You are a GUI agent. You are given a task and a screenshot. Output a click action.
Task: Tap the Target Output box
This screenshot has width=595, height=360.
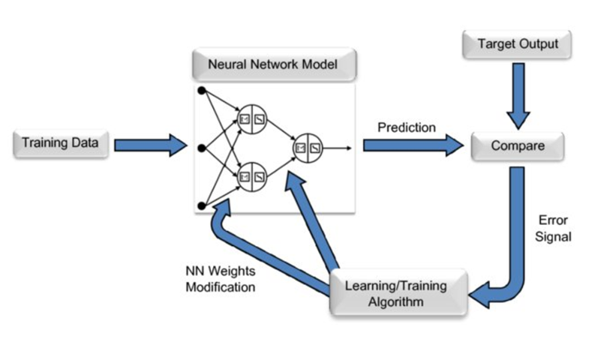pos(518,44)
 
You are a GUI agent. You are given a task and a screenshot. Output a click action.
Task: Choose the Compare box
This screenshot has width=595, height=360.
pos(517,146)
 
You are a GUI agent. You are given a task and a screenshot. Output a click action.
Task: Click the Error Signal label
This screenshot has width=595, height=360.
pos(555,229)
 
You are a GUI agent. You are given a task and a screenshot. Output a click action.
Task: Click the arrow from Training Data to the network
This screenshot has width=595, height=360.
pos(150,144)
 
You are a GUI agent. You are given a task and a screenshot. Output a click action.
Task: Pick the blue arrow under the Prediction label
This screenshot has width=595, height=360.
pos(413,146)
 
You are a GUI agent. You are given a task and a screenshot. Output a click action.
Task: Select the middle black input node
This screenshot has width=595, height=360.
pos(201,148)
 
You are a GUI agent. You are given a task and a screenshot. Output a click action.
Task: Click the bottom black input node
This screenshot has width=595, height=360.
pos(201,205)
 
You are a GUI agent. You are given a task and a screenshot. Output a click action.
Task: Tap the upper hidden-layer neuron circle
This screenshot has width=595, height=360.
pos(251,118)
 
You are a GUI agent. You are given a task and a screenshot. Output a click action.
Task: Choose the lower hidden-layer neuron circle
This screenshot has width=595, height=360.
pos(251,177)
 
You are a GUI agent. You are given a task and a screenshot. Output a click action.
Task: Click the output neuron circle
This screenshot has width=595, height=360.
pos(308,148)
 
